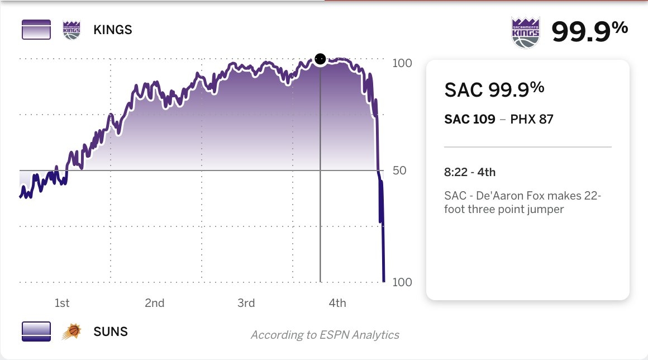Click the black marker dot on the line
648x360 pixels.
320,59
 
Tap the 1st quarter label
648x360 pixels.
62,303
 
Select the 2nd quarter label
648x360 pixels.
155,303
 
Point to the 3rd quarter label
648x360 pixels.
246,303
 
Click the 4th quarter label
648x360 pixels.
337,303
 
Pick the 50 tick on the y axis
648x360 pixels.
399,170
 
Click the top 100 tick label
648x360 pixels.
402,63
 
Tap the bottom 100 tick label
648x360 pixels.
402,282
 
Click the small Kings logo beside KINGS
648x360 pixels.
72,30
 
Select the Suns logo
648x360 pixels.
72,331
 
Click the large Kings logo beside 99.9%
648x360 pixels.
526,32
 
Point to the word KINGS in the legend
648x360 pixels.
113,30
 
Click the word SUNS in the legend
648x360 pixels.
111,331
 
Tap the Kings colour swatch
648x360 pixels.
36,30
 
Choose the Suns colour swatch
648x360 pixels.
36,331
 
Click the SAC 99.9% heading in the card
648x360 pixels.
494,89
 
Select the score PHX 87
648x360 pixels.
532,119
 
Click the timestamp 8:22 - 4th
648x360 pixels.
470,172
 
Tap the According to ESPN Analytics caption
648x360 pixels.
325,335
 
